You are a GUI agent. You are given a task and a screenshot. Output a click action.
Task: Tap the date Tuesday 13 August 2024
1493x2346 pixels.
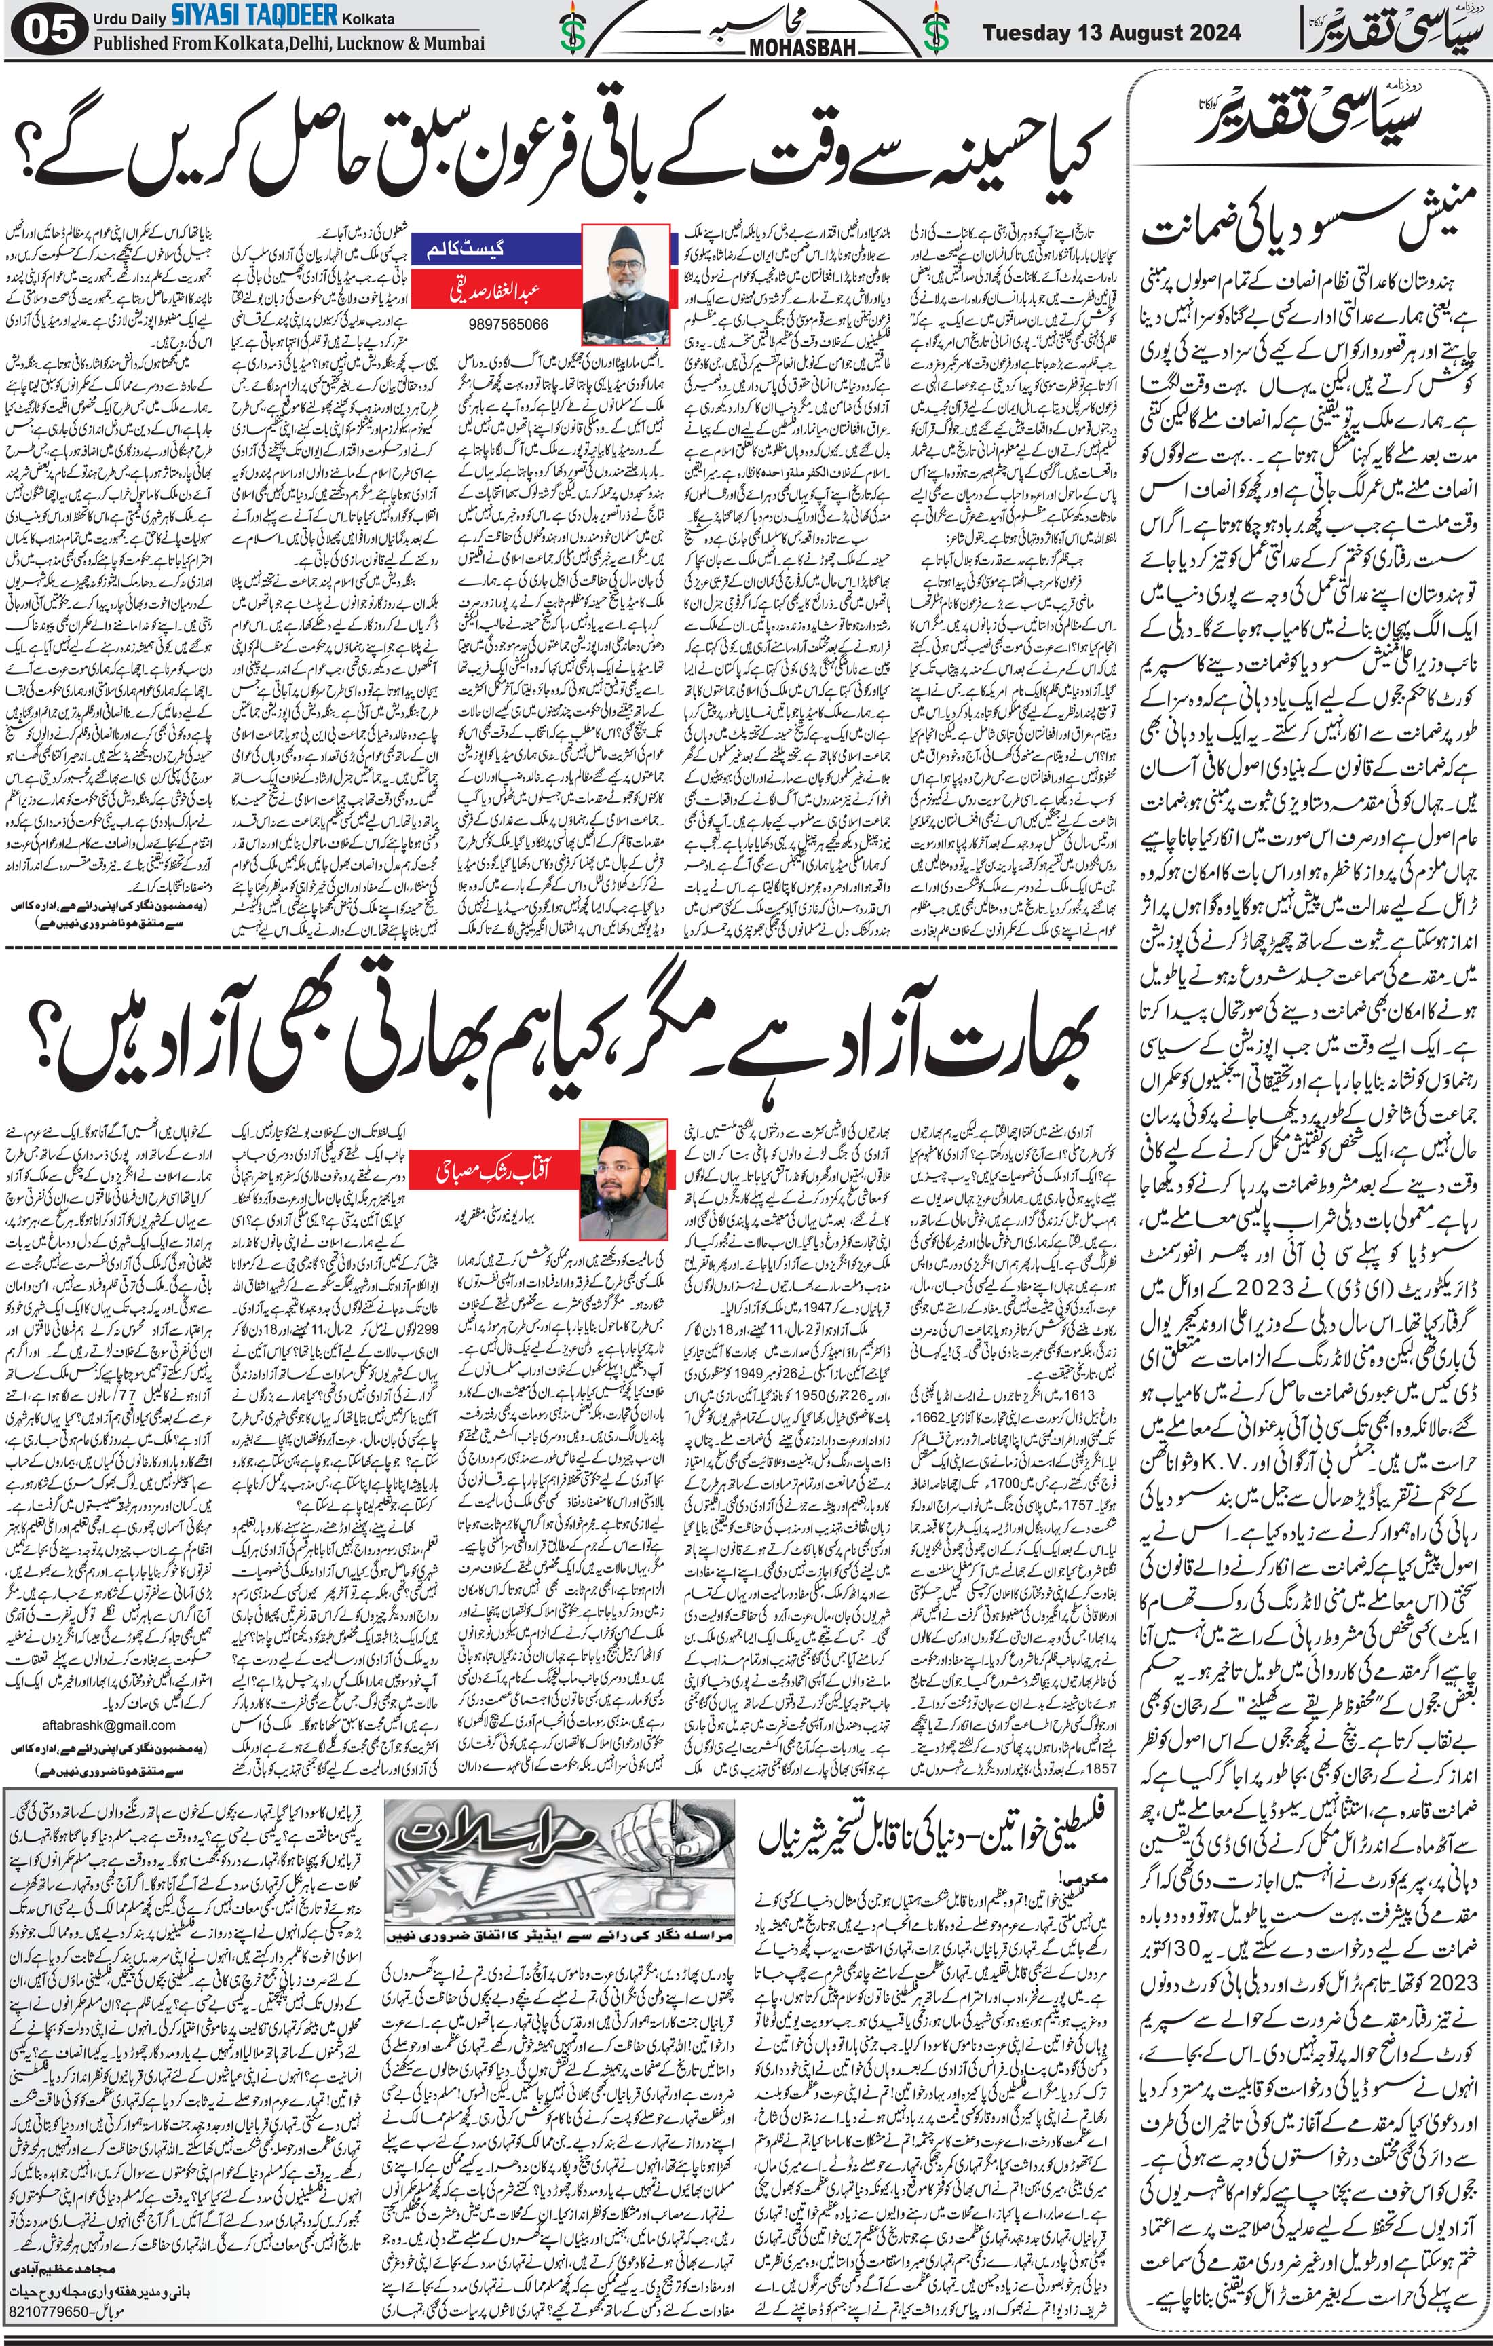[x=1111, y=32]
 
